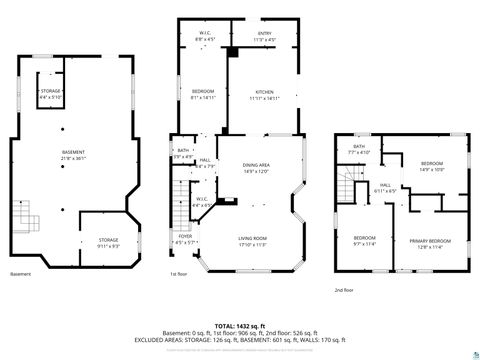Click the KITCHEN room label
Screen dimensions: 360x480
[x=265, y=93]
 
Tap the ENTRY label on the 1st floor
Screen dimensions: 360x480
[x=264, y=34]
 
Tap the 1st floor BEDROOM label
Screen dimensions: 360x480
[x=203, y=93]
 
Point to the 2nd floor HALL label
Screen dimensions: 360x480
[x=385, y=186]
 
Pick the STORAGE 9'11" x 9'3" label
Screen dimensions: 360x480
[x=107, y=241]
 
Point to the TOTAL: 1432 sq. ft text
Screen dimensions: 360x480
[x=240, y=327]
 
